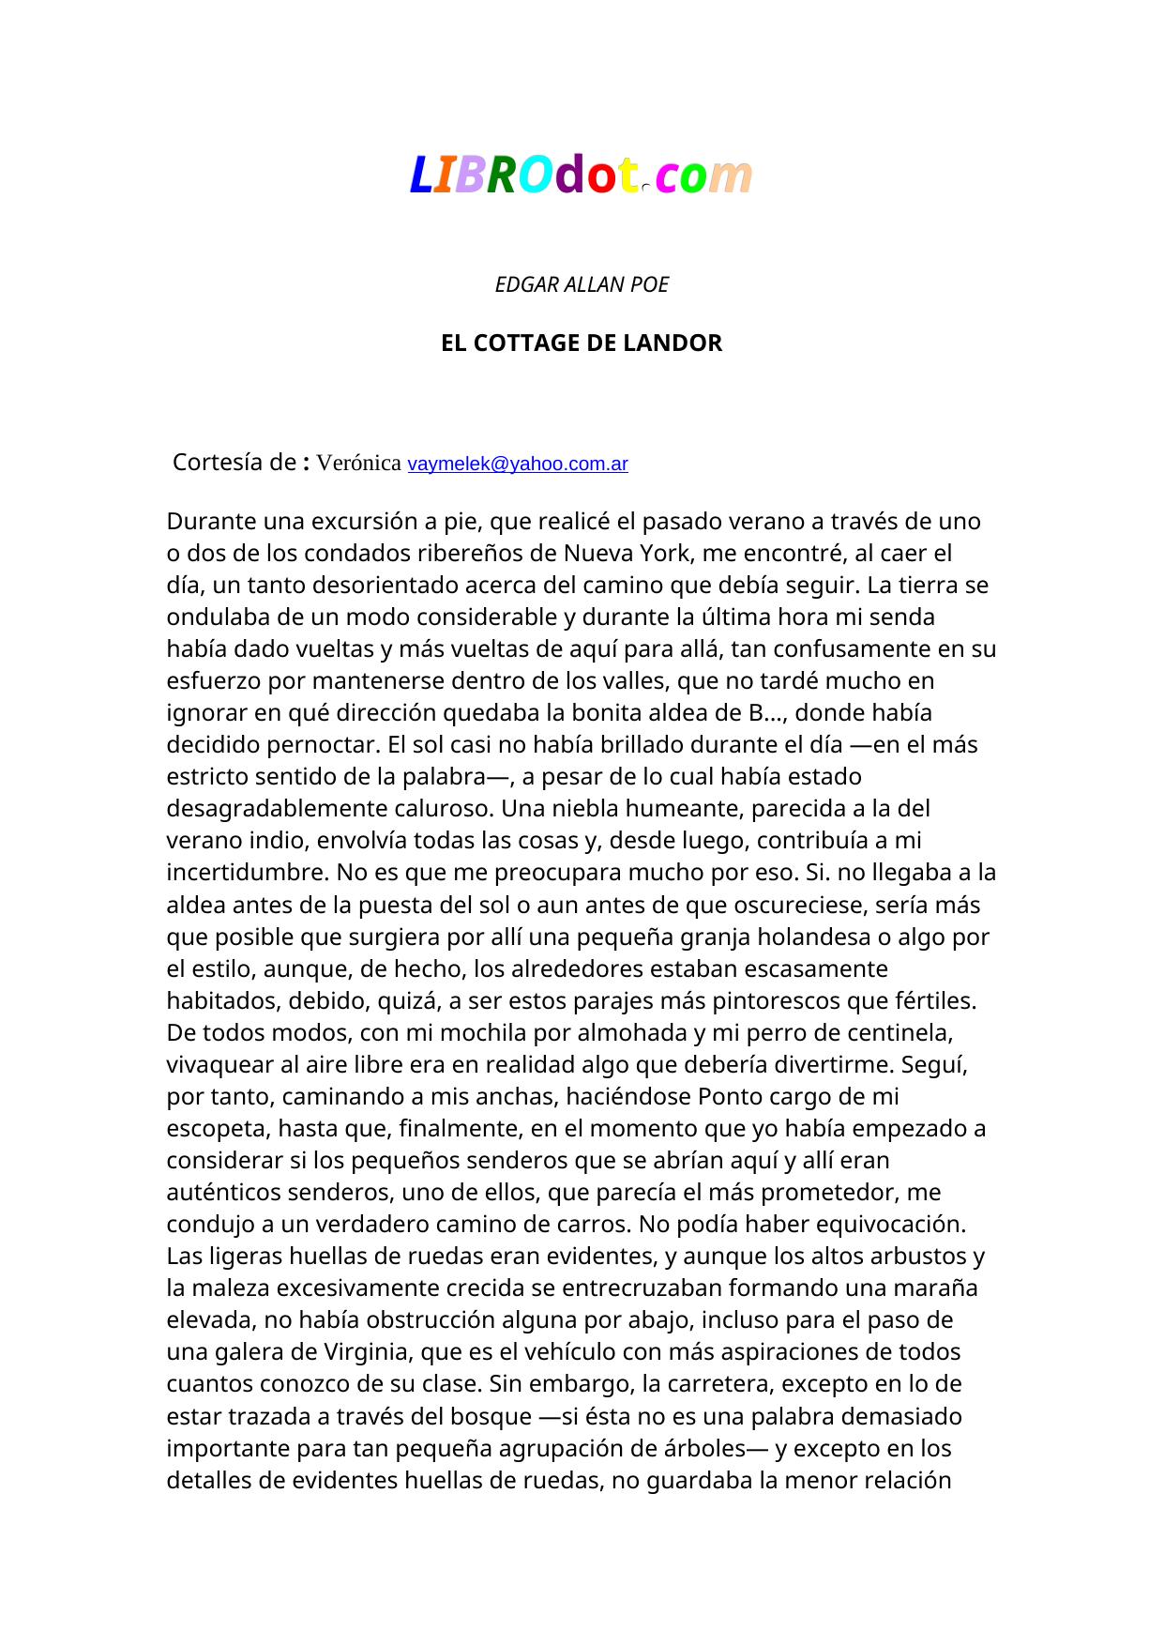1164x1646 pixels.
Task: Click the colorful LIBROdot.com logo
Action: pos(581,175)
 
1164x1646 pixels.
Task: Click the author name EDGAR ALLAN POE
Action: pos(582,284)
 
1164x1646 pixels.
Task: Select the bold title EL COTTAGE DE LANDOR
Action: pos(582,343)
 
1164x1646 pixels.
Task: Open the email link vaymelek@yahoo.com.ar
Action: pos(518,464)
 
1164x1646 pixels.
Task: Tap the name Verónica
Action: pos(359,463)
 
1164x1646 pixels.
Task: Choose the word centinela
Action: pos(899,1032)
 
